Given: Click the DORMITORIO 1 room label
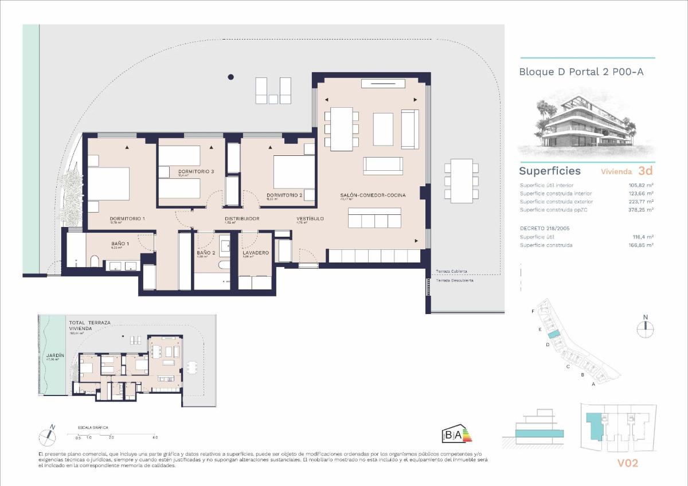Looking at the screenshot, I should pyautogui.click(x=127, y=219).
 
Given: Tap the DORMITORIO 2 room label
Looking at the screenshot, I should pyautogui.click(x=284, y=195).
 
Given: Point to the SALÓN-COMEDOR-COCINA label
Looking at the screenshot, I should pyautogui.click(x=373, y=195).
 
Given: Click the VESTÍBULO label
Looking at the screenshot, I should pyautogui.click(x=310, y=219).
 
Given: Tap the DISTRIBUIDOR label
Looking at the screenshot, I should pyautogui.click(x=242, y=219).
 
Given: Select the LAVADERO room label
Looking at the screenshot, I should pyautogui.click(x=256, y=253).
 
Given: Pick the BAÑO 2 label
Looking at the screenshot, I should pyautogui.click(x=206, y=253).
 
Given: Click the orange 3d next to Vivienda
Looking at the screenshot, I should pyautogui.click(x=646, y=170).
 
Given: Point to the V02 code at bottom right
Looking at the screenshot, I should pyautogui.click(x=627, y=463).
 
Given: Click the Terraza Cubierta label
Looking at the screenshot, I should pyautogui.click(x=451, y=272).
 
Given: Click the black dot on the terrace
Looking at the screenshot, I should pyautogui.click(x=230, y=77).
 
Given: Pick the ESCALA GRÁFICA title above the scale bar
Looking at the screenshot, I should pyautogui.click(x=93, y=428).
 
